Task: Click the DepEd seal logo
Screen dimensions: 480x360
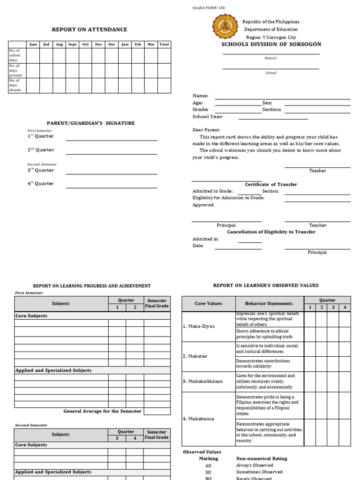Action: [225, 28]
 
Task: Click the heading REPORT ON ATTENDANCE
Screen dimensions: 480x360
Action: [89, 30]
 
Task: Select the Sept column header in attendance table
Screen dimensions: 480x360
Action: [72, 45]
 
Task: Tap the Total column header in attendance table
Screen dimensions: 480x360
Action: [164, 45]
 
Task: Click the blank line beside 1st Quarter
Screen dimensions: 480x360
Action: [112, 140]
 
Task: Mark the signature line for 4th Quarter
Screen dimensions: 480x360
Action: [112, 187]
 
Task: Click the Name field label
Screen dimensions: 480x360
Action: [200, 96]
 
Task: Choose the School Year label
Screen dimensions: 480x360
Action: [207, 117]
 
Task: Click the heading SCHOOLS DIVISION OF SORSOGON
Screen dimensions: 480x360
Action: [271, 45]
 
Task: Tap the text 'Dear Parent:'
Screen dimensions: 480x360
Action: [206, 130]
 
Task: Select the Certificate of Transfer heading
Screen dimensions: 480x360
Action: [271, 184]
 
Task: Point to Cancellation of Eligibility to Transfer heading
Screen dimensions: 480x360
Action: [271, 232]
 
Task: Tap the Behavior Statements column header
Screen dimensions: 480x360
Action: [269, 304]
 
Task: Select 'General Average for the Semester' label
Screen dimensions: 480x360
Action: [102, 411]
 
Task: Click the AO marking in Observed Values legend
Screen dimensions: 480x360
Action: [209, 465]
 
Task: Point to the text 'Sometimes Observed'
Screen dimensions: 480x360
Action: [259, 472]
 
